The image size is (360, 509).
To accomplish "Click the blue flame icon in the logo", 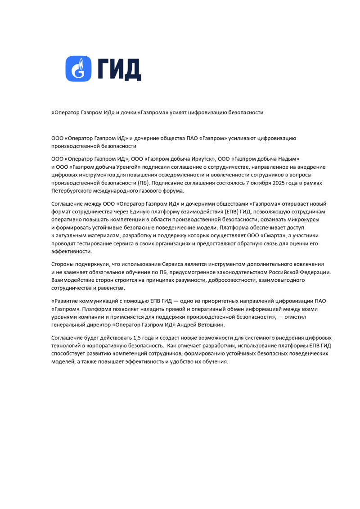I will point(79,69).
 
